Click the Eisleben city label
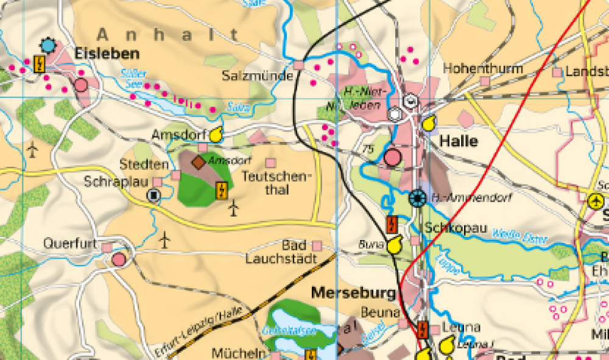107,54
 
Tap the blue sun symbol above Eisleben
48,45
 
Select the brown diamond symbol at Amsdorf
199,162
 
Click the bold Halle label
458,142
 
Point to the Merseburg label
353,293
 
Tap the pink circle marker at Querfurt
119,260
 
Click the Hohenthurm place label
483,69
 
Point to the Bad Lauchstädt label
281,252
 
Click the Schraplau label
117,182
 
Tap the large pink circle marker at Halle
393,158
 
